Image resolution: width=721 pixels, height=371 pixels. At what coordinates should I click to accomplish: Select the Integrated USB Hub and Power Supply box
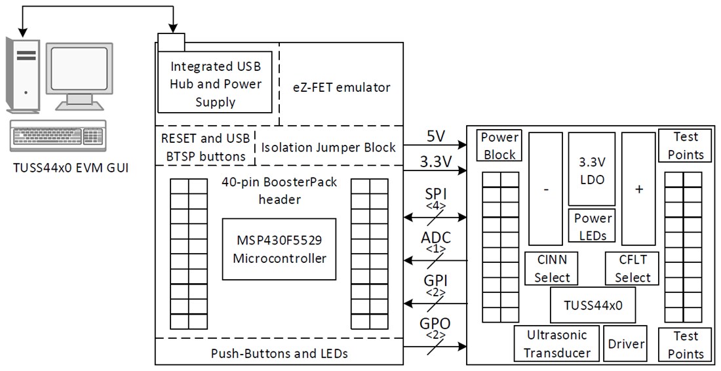[216, 84]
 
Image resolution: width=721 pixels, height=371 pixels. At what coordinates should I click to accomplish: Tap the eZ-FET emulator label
[341, 87]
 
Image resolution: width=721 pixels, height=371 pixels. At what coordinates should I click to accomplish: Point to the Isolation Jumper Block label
[328, 147]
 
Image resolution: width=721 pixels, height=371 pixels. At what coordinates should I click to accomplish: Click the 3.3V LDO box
[592, 169]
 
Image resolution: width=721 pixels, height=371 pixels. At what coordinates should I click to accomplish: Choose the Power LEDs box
[593, 226]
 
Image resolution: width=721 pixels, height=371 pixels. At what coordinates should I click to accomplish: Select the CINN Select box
[552, 268]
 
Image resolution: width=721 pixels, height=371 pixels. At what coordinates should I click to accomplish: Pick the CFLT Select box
[633, 268]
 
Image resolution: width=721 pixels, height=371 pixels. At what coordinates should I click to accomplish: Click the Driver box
[626, 343]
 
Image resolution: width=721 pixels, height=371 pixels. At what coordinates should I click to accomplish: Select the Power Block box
[500, 146]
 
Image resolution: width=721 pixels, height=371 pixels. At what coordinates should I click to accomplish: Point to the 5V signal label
[435, 138]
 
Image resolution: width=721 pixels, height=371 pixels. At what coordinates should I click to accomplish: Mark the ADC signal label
[435, 238]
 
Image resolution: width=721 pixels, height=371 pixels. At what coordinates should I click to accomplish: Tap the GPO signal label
[435, 323]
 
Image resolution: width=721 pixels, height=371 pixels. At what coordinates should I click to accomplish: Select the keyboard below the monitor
[58, 137]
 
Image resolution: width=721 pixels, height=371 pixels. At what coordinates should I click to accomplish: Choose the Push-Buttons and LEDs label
[279, 353]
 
